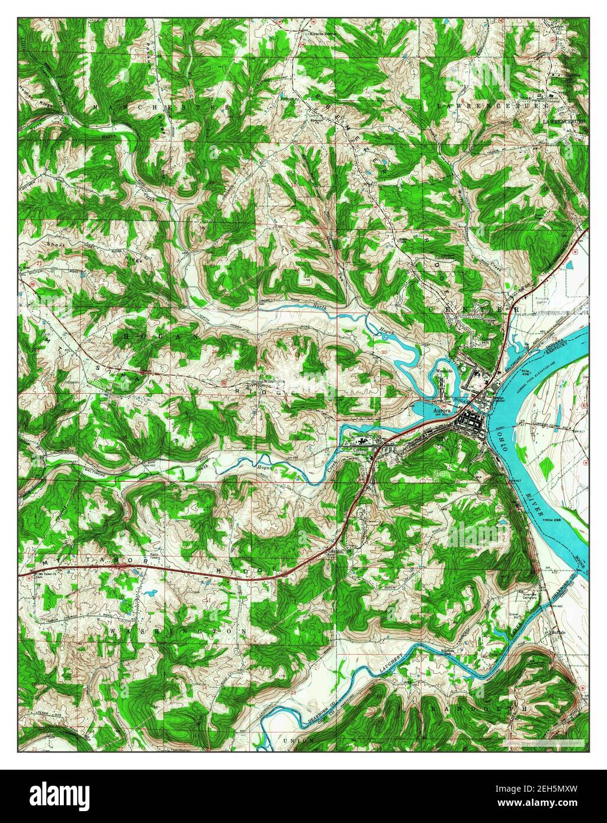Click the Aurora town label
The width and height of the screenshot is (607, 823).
(x=442, y=409)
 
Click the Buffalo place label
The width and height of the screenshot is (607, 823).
(x=558, y=633)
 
